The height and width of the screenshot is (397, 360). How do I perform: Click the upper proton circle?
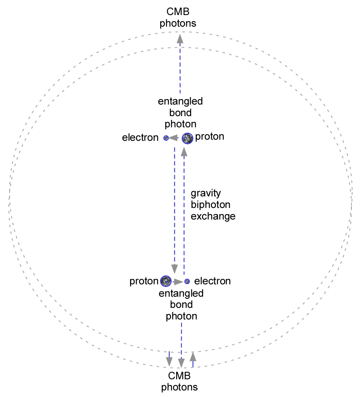[x=187, y=138]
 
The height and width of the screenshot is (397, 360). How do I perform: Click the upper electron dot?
[x=166, y=138]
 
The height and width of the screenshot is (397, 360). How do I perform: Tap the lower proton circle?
[x=166, y=281]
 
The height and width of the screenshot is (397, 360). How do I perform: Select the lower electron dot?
[x=187, y=281]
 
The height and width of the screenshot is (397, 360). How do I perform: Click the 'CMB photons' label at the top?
[x=178, y=18]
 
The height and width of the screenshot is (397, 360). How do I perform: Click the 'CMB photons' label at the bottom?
[x=179, y=381]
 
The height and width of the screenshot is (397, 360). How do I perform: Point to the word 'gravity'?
[x=205, y=193]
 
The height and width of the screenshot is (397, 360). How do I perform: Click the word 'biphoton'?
[x=211, y=204]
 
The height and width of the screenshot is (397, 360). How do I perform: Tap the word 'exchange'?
[x=213, y=216]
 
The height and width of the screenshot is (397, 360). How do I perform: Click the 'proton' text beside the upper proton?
[x=210, y=137]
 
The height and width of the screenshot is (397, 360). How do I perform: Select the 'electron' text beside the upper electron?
[x=140, y=138]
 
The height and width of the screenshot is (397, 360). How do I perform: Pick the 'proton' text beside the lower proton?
[x=144, y=281]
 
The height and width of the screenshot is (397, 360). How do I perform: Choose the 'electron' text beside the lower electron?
[x=212, y=281]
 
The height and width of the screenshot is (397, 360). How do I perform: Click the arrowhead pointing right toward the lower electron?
[x=178, y=281]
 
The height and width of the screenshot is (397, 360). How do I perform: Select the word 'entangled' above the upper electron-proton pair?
[x=180, y=101]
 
